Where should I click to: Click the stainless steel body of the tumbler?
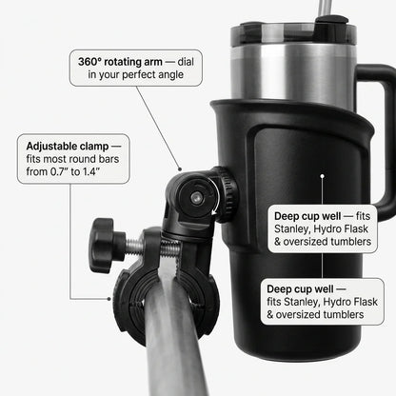[286, 81]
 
